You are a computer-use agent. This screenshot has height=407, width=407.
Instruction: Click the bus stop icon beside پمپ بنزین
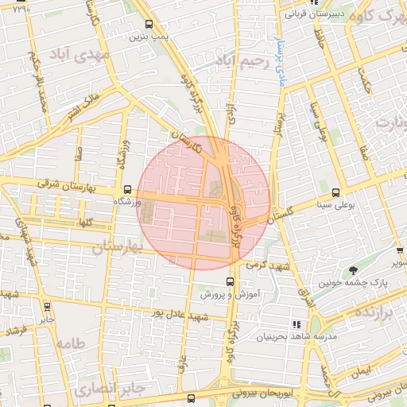tap(149, 23)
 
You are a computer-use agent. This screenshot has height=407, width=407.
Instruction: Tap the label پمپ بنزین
tap(150, 37)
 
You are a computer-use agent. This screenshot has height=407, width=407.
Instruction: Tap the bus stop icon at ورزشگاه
tap(128, 189)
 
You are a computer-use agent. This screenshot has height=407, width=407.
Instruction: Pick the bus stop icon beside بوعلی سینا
tap(335, 192)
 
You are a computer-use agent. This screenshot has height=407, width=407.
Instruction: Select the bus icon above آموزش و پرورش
tap(230, 281)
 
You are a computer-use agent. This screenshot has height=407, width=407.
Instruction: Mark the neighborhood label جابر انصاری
tap(109, 389)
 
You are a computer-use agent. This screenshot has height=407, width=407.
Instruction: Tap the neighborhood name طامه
tap(70, 344)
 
